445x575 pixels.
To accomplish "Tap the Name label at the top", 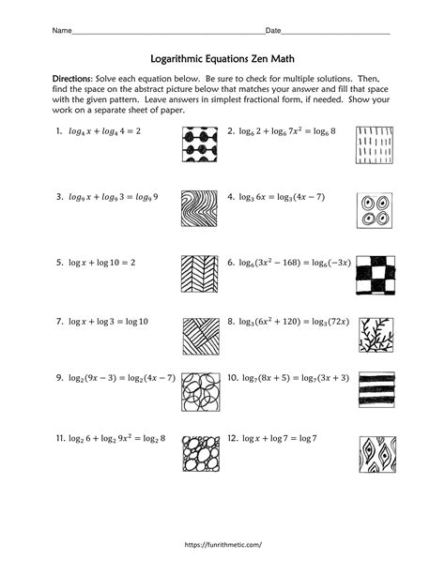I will click(x=61, y=31).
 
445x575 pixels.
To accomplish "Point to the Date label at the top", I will click(x=275, y=31).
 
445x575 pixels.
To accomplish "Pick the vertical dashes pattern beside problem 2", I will click(x=375, y=145).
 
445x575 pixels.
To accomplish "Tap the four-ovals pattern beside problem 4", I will click(x=375, y=211).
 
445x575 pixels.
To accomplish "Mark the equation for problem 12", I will click(x=284, y=437).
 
